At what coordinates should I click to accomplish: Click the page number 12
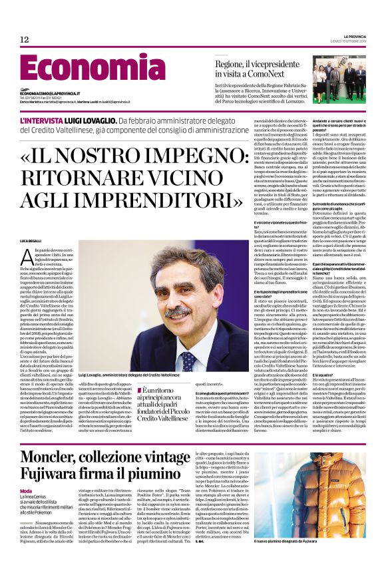point(25,40)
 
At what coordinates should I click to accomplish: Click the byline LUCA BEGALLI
point(30,239)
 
